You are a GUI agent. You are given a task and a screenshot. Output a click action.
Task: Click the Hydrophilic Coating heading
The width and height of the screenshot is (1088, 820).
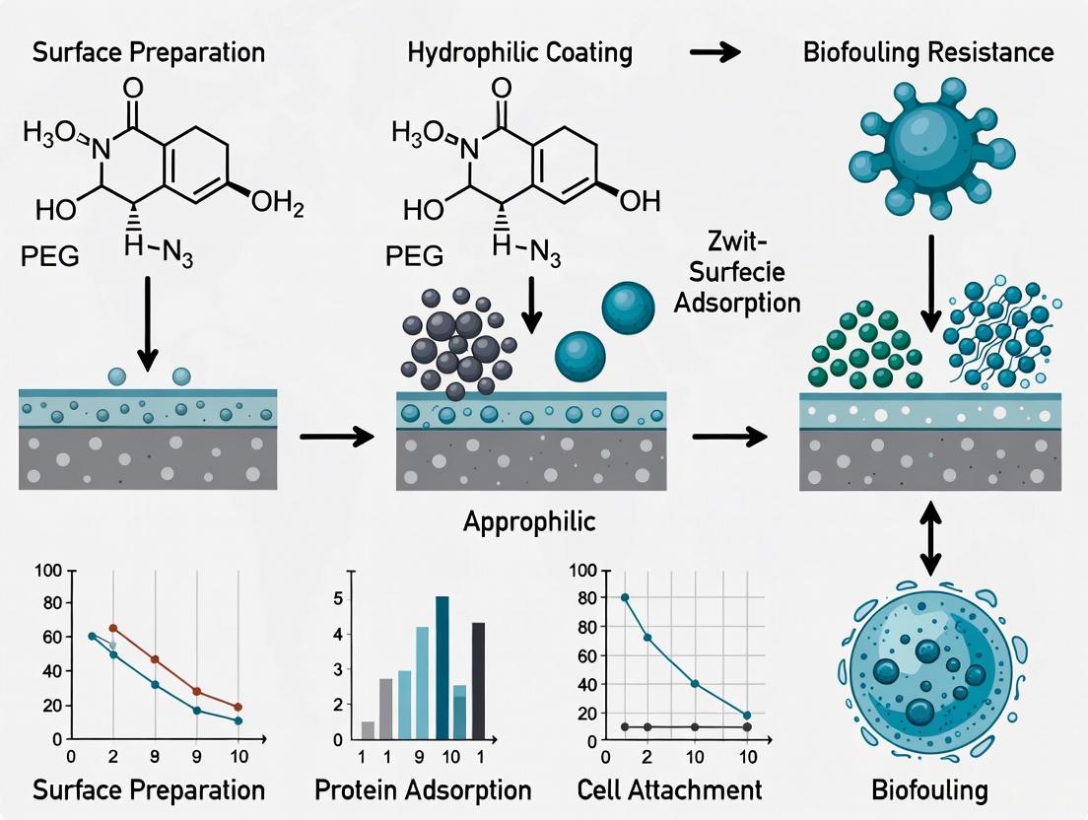pyautogui.click(x=519, y=52)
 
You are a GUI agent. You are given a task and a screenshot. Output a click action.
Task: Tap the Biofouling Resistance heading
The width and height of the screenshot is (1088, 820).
pyautogui.click(x=928, y=52)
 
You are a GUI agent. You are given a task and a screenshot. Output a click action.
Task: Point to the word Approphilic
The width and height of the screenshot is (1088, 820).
pyautogui.click(x=529, y=520)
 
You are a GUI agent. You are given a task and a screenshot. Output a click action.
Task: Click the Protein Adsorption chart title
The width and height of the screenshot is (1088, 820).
pyautogui.click(x=424, y=789)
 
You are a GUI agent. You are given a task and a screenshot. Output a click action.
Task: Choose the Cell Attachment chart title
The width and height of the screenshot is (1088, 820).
pyautogui.click(x=670, y=789)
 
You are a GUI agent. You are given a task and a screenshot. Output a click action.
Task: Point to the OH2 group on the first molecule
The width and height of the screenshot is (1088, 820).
pyautogui.click(x=277, y=203)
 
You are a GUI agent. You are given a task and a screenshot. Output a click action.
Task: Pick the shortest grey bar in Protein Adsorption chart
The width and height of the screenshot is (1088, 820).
pyautogui.click(x=368, y=729)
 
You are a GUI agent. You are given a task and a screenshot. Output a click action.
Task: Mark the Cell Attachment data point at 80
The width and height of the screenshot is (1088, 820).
pyautogui.click(x=625, y=598)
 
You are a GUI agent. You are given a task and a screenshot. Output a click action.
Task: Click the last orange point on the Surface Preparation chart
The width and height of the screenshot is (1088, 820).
pyautogui.click(x=238, y=708)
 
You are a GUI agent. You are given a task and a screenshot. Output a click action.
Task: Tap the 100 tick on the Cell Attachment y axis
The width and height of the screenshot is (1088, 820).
pyautogui.click(x=582, y=571)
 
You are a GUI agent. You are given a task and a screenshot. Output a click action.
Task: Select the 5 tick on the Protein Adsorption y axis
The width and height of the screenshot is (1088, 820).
pyautogui.click(x=338, y=598)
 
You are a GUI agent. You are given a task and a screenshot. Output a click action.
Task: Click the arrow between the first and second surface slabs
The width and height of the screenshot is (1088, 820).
pyautogui.click(x=337, y=434)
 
